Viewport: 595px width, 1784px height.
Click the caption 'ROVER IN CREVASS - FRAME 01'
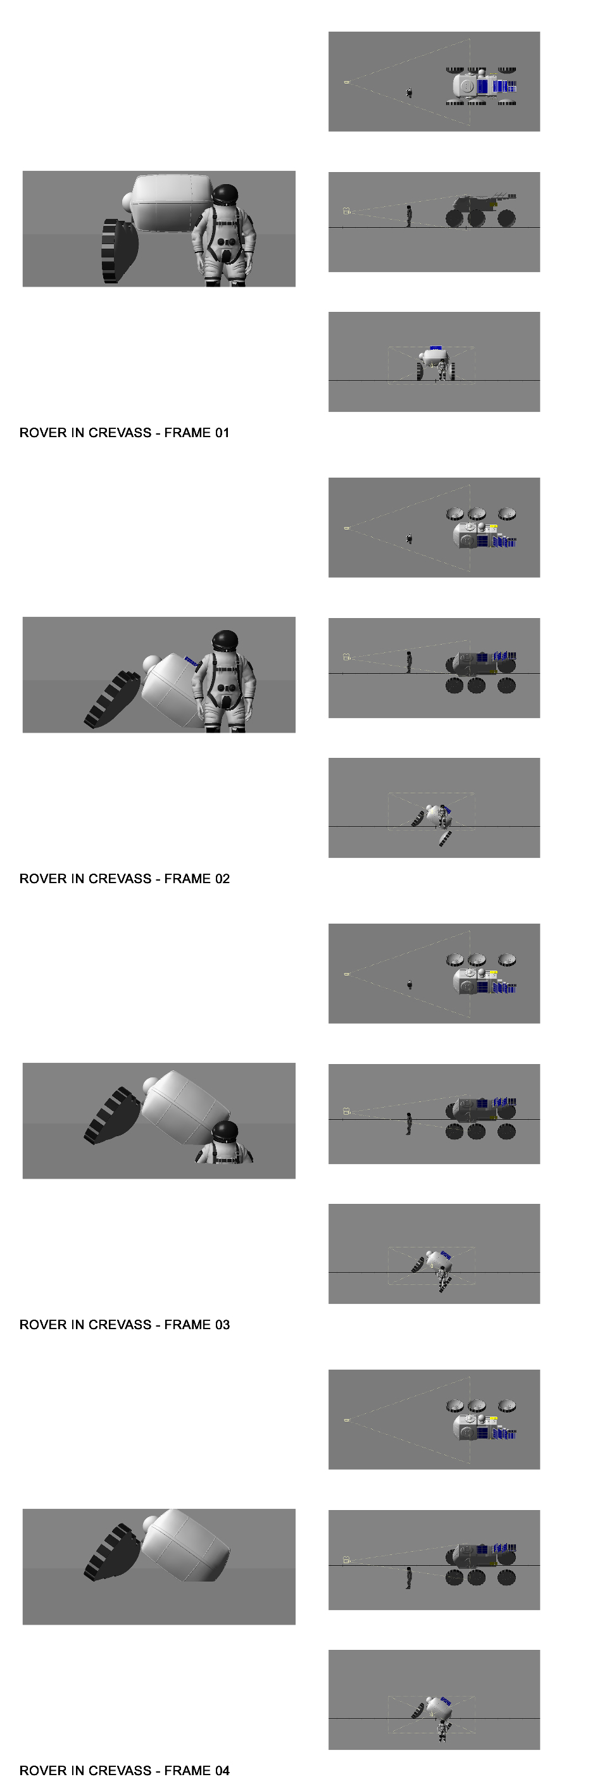pyautogui.click(x=124, y=433)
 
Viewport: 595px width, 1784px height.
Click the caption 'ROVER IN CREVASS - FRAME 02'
pyautogui.click(x=124, y=879)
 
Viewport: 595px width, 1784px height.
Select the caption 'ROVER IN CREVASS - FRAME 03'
pyautogui.click(x=124, y=1325)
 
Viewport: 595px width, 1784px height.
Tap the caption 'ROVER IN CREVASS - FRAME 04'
pyautogui.click(x=124, y=1771)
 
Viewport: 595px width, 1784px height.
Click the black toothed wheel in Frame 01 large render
pyautogui.click(x=118, y=251)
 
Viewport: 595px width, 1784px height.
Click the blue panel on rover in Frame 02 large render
pyautogui.click(x=192, y=664)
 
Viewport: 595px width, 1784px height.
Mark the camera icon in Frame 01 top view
pyautogui.click(x=346, y=82)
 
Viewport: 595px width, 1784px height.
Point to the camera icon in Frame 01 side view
pyautogui.click(x=347, y=211)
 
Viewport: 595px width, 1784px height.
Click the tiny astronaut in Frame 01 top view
pyautogui.click(x=410, y=92)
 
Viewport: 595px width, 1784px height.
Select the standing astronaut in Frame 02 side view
pyautogui.click(x=409, y=662)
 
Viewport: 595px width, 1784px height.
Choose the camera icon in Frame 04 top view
pyautogui.click(x=346, y=1420)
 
